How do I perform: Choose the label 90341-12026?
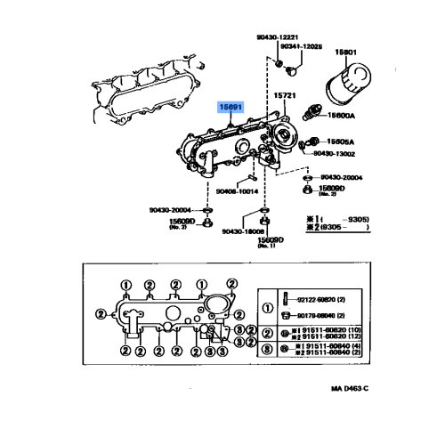[x=301, y=46]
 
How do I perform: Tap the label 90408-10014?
[x=237, y=190]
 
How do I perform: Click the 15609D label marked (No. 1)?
[x=270, y=239]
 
